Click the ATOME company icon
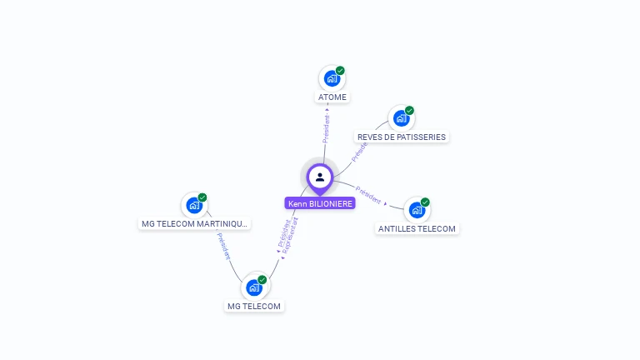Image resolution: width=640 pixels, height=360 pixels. coord(332,79)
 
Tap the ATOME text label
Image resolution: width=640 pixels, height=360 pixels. coord(332,97)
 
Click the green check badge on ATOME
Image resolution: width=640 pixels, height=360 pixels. coord(340,71)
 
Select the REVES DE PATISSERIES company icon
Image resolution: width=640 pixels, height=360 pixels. coord(401,118)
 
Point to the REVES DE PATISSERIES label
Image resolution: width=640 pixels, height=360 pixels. coord(402,137)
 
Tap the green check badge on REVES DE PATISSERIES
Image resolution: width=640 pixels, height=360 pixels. coord(409,111)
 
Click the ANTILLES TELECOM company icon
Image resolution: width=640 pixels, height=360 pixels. coord(416,210)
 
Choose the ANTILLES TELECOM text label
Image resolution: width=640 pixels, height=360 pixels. coord(417,228)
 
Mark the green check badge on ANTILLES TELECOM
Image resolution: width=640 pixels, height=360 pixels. coord(425,202)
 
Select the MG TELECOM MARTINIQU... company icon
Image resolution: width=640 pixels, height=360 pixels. coord(194,205)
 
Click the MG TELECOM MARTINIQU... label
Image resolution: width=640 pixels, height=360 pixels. coord(194,223)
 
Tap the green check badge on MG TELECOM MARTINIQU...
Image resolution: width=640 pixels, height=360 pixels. coord(202,197)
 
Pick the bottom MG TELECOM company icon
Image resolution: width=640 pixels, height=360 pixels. coord(254,287)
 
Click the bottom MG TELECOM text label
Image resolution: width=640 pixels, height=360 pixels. coord(255,306)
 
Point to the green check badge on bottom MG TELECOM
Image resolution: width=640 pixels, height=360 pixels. coord(262,280)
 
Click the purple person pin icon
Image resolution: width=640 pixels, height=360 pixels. coord(320,177)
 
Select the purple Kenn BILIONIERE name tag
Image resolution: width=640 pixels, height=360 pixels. coord(321,203)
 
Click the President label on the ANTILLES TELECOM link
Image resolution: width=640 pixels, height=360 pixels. coord(367,194)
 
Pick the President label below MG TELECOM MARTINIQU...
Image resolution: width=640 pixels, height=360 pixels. coord(223,247)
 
